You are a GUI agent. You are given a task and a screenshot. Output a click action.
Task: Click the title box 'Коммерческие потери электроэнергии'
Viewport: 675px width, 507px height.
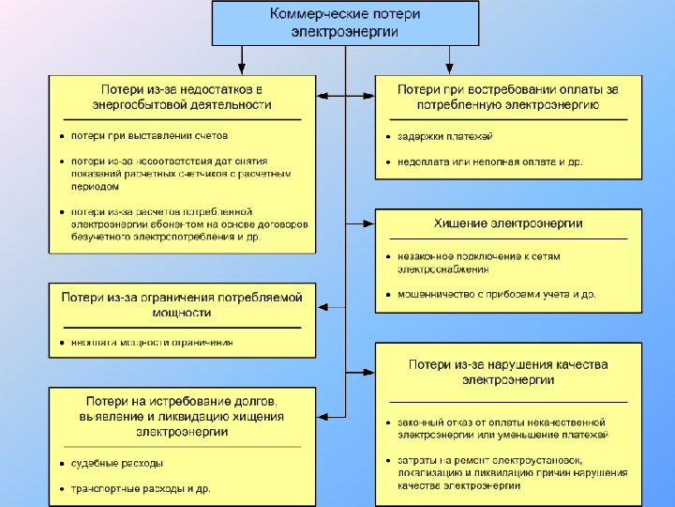coord(345,23)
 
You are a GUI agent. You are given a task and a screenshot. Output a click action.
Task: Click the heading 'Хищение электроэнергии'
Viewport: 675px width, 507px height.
coord(508,223)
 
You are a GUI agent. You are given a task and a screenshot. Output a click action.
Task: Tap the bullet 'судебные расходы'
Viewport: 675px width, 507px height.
coord(116,464)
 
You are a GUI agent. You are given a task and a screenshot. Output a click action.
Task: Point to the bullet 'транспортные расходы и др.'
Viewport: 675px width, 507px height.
coord(141,488)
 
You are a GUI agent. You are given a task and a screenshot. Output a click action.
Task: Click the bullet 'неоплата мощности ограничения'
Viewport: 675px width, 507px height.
coord(152,343)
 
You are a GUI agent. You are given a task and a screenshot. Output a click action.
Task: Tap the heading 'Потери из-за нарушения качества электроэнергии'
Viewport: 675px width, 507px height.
coord(508,372)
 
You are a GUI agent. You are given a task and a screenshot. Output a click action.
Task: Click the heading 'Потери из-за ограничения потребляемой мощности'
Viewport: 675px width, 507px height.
coord(182,304)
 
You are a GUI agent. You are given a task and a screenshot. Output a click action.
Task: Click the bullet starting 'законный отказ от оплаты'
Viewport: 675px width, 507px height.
coord(502,429)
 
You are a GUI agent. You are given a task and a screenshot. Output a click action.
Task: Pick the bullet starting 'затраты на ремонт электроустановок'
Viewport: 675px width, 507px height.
coord(502,472)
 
